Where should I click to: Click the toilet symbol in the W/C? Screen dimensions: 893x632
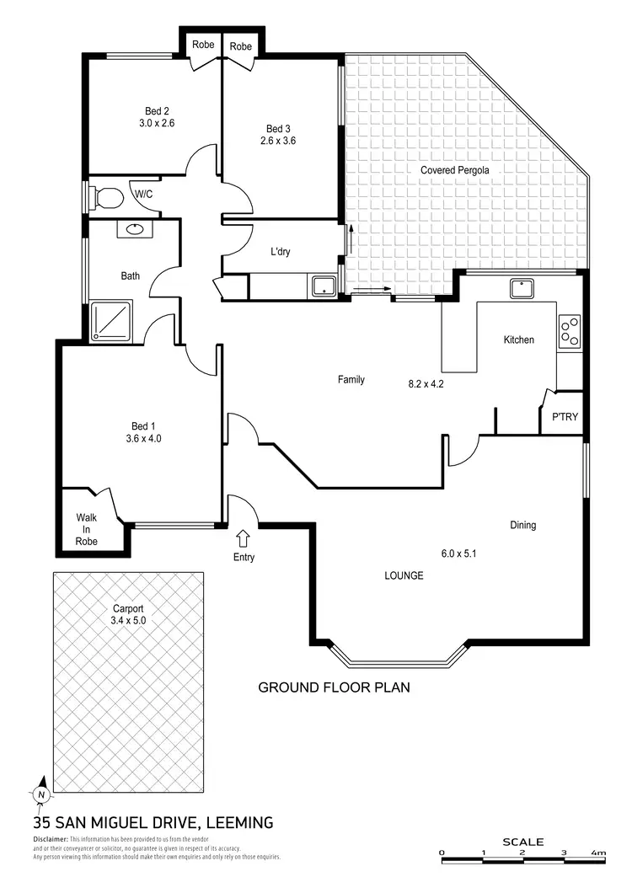[106, 198]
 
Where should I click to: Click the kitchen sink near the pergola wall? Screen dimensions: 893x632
[522, 289]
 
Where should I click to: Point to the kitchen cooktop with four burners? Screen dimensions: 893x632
[570, 331]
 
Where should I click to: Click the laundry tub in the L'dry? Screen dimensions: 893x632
[324, 286]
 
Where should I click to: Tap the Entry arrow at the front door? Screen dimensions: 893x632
[244, 537]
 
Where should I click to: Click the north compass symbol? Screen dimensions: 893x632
[40, 793]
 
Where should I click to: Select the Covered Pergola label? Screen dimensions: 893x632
[455, 170]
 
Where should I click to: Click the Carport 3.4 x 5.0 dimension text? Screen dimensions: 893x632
[128, 620]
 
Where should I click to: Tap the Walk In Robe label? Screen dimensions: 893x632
[87, 529]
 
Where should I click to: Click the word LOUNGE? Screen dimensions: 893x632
[404, 576]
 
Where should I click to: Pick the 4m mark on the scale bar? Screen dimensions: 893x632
[597, 853]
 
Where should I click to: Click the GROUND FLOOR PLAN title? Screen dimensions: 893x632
[333, 687]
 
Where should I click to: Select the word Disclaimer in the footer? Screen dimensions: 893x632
[50, 840]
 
